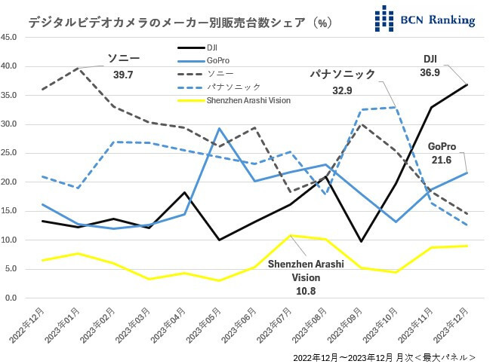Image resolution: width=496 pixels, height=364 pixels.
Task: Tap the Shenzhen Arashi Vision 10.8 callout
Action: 307,275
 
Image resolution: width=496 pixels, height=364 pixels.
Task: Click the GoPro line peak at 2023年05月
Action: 219,128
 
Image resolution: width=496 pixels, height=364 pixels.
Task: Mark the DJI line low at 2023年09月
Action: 361,241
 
